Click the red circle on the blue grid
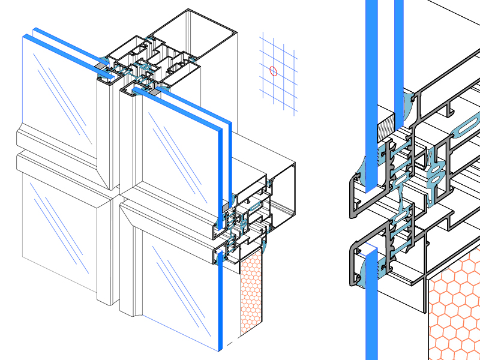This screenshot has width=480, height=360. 274,71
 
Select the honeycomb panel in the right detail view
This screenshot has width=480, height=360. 456,312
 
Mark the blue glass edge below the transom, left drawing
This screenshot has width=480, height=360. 220,300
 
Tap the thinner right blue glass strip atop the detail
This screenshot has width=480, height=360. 399,48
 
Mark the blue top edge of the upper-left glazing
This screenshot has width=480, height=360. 60,48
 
